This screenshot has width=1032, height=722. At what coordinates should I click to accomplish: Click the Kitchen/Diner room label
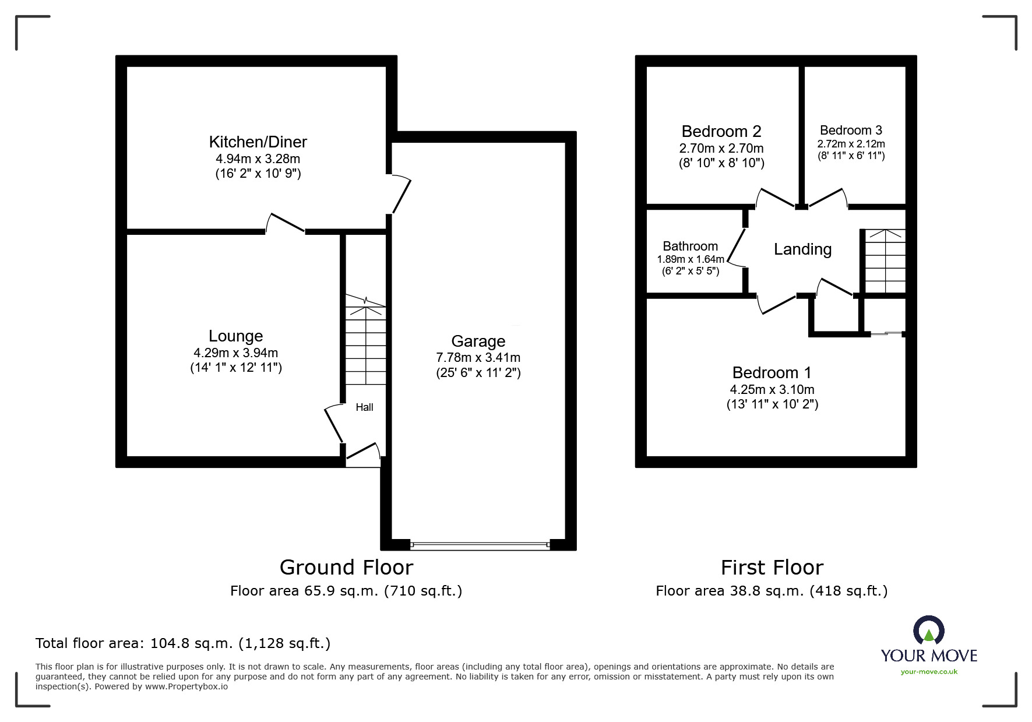coord(258,142)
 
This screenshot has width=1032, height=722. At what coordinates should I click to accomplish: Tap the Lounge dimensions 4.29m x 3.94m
coord(235,353)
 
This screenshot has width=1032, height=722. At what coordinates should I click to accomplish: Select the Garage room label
coord(478,341)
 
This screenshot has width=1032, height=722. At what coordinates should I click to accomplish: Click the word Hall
coord(364,407)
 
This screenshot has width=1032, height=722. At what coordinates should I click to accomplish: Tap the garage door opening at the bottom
coord(480,546)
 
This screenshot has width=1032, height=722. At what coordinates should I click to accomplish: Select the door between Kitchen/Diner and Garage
coord(401,194)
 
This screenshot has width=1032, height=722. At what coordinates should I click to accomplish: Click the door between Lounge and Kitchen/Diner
coord(286,224)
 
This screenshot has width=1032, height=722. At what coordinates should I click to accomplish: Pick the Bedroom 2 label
coord(721,131)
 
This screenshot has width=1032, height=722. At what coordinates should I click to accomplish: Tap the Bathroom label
coord(690,246)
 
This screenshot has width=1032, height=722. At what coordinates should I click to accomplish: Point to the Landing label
coord(802,249)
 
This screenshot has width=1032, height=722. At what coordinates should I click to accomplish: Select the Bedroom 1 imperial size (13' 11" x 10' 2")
coord(772,404)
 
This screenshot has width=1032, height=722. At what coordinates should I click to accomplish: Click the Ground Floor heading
coord(346,567)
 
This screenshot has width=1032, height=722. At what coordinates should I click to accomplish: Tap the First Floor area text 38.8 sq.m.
coord(771,591)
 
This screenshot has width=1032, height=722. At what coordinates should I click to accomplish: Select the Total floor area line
coord(183,643)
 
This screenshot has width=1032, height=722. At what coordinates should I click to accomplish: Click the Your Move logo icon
coord(928,631)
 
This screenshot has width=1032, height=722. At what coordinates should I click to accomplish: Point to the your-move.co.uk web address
coord(928,672)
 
